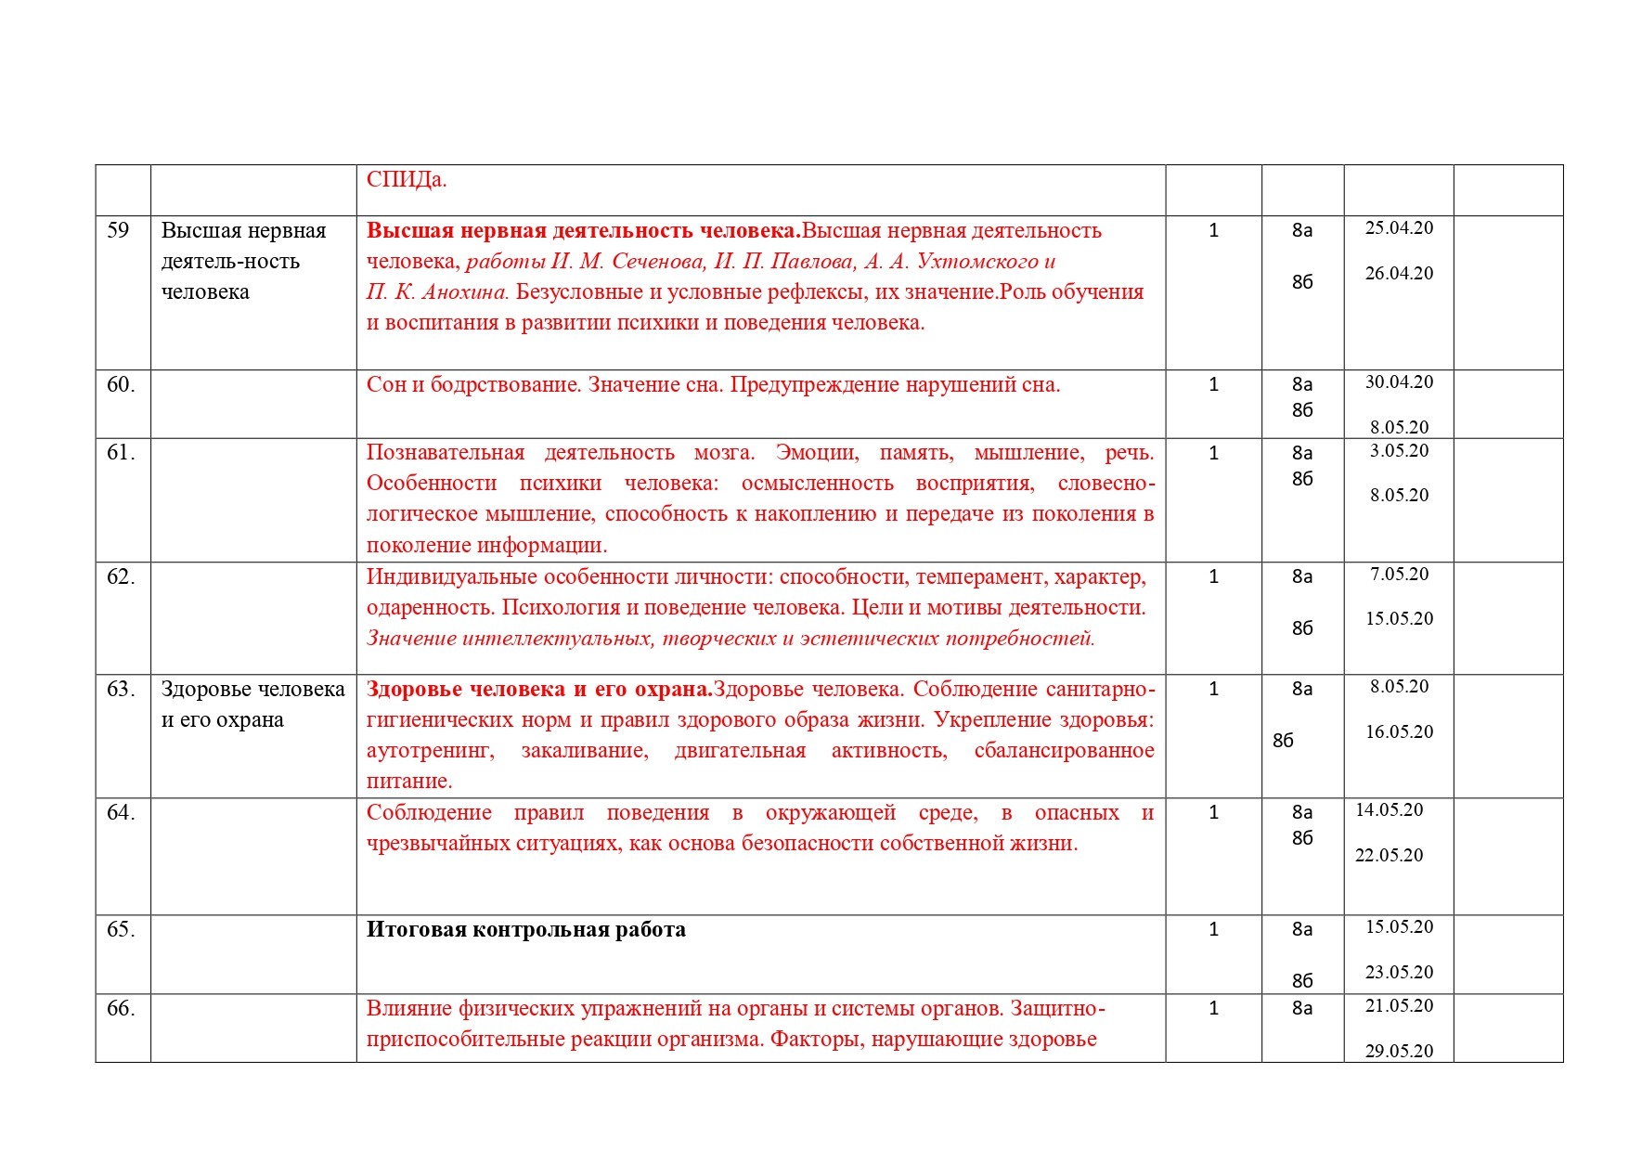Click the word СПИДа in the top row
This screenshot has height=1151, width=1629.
pos(406,180)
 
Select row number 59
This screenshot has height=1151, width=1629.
pos(118,230)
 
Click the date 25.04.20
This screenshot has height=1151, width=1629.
pos(1399,228)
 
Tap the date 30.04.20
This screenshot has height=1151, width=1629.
pos(1399,382)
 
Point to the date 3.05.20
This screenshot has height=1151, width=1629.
pos(1399,451)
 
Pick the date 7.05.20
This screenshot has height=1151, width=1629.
pos(1399,575)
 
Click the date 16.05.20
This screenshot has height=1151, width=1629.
pos(1399,732)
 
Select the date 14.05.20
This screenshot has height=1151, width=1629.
pos(1389,810)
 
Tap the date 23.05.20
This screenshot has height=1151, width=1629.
pos(1399,973)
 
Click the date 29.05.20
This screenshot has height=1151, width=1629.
pos(1399,1052)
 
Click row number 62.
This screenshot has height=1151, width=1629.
pos(121,577)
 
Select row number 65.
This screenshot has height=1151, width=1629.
pos(121,930)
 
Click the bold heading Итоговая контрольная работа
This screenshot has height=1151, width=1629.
pos(525,930)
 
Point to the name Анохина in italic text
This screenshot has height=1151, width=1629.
pos(464,292)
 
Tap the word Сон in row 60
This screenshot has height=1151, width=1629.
pos(386,385)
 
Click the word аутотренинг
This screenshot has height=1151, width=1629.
pos(430,751)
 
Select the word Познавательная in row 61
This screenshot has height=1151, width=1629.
pos(445,453)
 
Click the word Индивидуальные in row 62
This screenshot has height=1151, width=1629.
pos(452,577)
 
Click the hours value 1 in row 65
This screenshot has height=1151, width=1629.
pos(1213,930)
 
